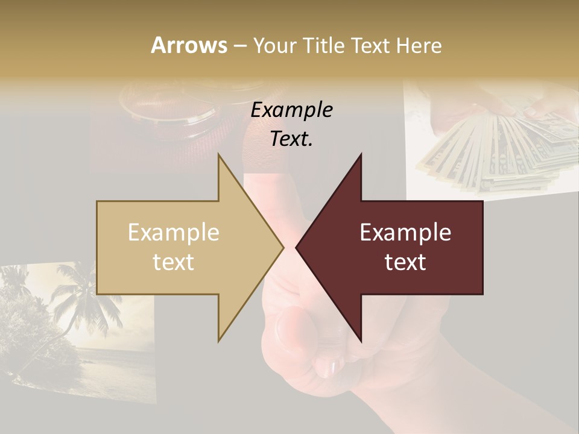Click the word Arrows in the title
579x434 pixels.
pyautogui.click(x=189, y=45)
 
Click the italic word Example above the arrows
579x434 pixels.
pyautogui.click(x=292, y=110)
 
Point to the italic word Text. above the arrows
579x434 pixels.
pyautogui.click(x=292, y=139)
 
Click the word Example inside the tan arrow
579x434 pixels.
pyautogui.click(x=174, y=232)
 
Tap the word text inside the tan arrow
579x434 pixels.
pyautogui.click(x=174, y=262)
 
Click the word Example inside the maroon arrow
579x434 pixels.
pyautogui.click(x=405, y=232)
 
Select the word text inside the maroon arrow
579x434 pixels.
pyautogui.click(x=405, y=262)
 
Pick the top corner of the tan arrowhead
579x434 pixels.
pyautogui.click(x=219, y=155)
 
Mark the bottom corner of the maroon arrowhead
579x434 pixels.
pyautogui.click(x=361, y=341)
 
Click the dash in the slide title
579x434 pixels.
pyautogui.click(x=239, y=46)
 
